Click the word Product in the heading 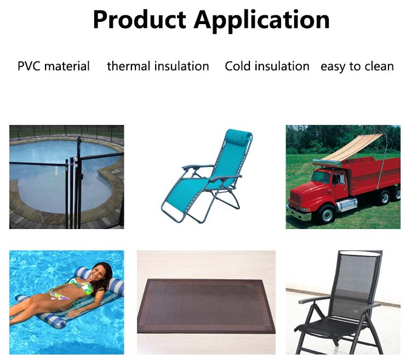coord(140,20)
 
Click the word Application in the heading coord(261,21)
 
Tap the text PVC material coord(54,66)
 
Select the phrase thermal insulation coord(158,66)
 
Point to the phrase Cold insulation coord(267,66)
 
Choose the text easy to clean coord(357,66)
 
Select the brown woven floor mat coord(206,306)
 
